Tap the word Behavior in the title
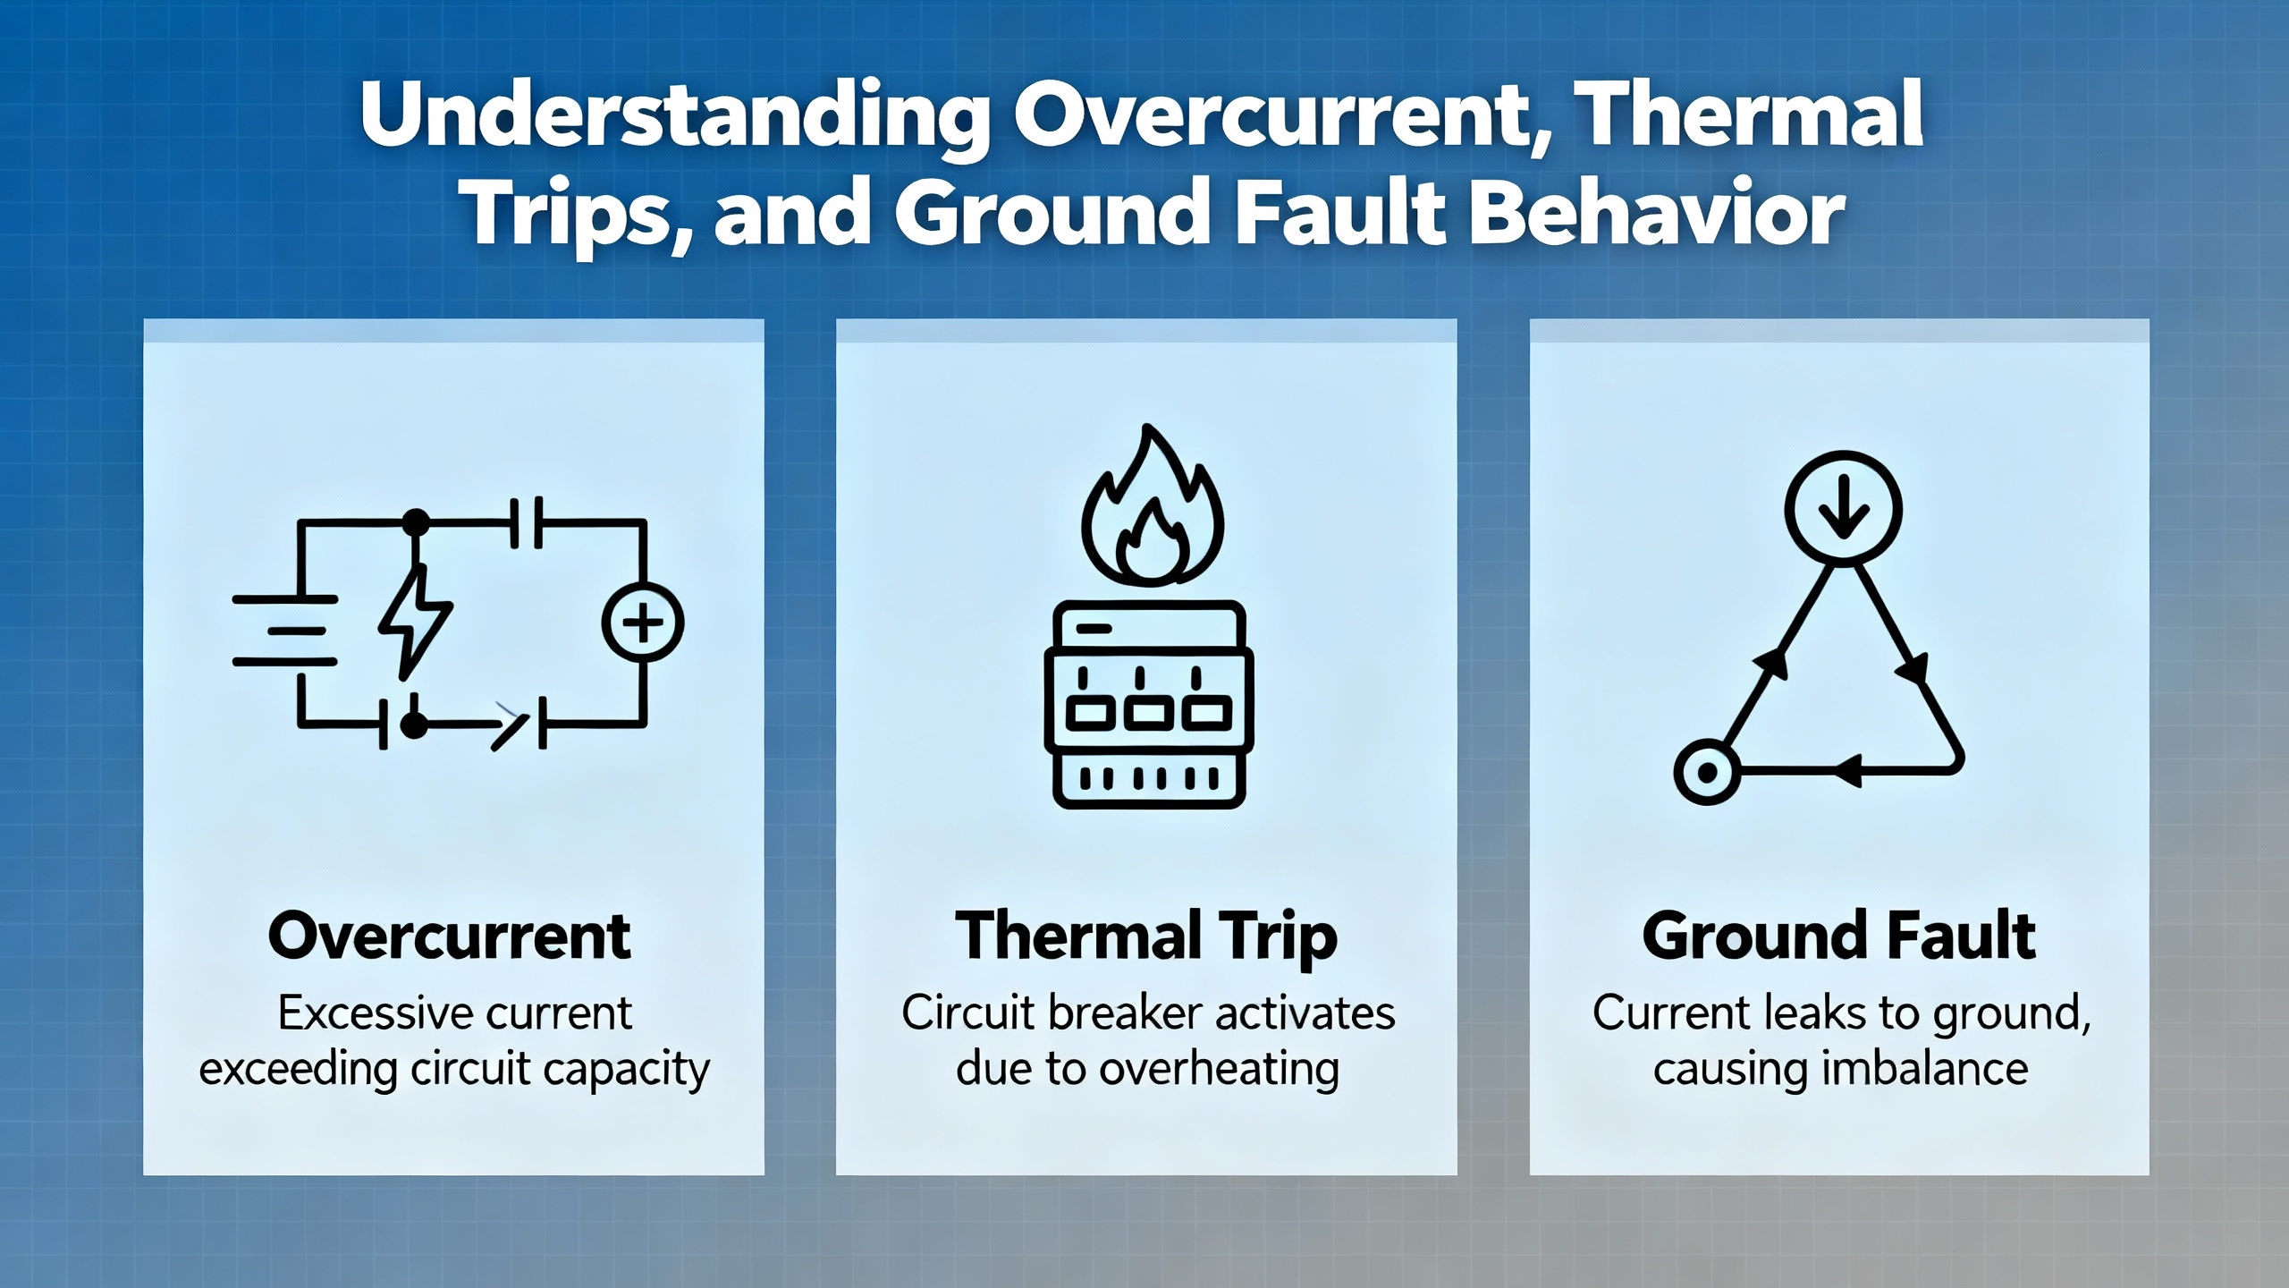tap(1658, 214)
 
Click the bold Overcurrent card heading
tap(450, 936)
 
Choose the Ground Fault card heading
tap(1839, 936)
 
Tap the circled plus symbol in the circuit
tap(643, 622)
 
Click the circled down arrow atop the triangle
tap(1843, 509)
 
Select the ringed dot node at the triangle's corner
tap(1707, 772)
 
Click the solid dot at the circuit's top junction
tap(415, 521)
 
